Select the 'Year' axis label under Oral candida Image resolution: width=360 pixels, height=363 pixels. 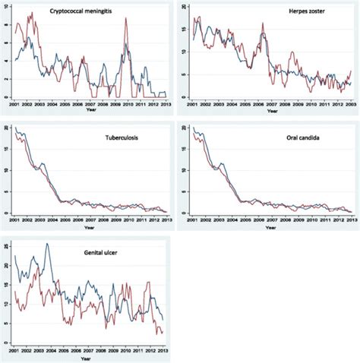[x=271, y=226]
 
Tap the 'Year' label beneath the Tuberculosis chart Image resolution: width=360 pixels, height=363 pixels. [x=90, y=226]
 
